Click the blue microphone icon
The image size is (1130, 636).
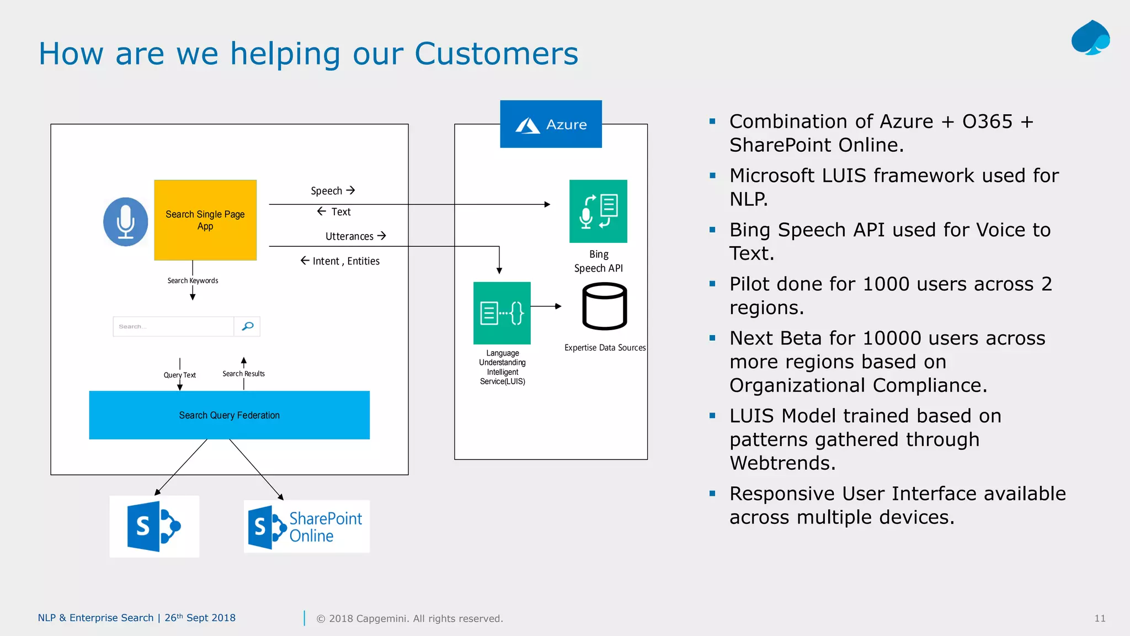tap(126, 221)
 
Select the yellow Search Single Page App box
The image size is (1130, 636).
tap(205, 220)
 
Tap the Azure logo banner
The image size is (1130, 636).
tap(551, 124)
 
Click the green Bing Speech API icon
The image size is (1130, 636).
tap(598, 211)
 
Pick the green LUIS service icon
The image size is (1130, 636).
tap(502, 313)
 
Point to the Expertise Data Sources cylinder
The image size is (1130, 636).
tap(604, 306)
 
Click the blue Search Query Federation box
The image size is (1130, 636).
tap(229, 415)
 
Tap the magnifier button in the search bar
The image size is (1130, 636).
tap(247, 326)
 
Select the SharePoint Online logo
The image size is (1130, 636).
tap(307, 527)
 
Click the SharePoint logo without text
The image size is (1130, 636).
tap(154, 527)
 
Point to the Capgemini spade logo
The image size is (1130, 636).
tap(1090, 38)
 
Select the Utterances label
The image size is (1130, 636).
tap(349, 236)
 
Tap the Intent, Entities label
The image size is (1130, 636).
tap(345, 261)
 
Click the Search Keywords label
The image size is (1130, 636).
tap(193, 280)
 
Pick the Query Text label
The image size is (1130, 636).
tap(179, 375)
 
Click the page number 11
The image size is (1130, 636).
tap(1100, 618)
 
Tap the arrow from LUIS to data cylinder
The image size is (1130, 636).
tap(546, 306)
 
